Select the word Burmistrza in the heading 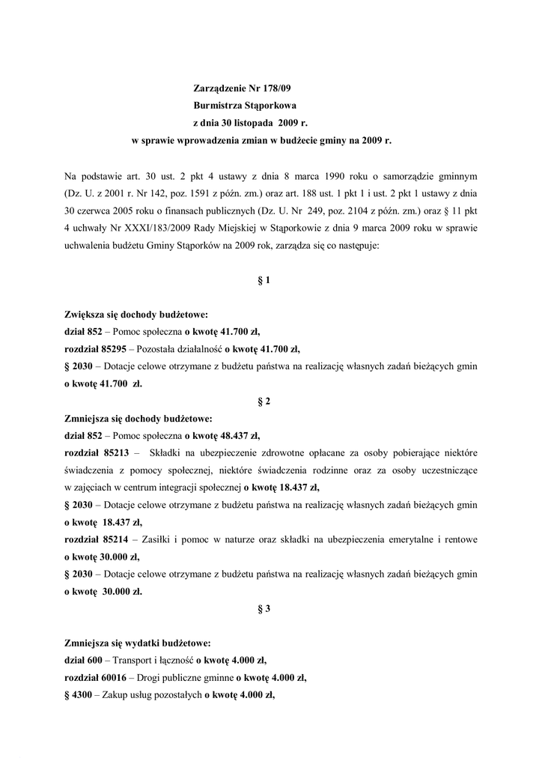tap(218, 106)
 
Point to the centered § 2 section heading tap(264, 401)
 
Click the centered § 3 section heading tap(264, 608)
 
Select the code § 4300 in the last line tap(78, 695)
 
